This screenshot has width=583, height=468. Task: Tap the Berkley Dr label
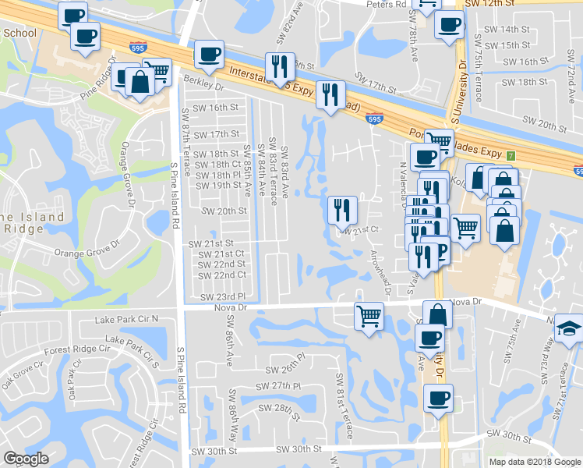[203, 80]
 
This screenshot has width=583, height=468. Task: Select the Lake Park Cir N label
[125, 320]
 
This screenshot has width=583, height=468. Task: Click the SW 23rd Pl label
[223, 297]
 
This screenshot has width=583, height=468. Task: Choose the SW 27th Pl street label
[282, 386]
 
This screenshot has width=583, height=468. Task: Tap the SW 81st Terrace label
[341, 406]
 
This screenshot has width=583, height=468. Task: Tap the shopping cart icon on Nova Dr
[369, 316]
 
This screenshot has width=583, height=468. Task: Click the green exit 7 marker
[511, 155]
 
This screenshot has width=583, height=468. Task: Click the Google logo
[26, 459]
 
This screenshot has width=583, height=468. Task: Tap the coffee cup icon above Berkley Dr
[209, 55]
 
